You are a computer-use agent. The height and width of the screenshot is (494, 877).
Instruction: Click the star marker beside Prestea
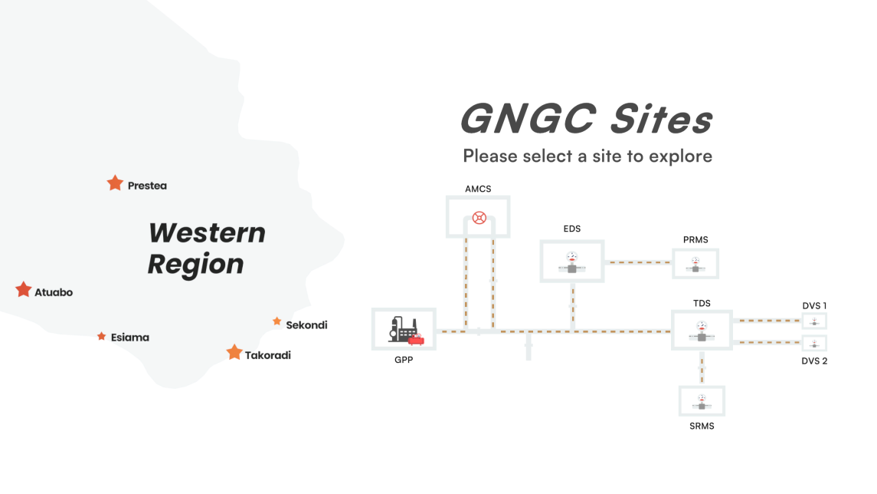(115, 183)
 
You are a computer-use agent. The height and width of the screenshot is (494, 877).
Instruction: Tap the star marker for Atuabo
(24, 290)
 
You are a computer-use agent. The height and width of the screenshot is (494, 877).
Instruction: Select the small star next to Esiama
(101, 336)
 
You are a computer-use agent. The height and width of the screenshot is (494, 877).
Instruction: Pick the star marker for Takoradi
(234, 352)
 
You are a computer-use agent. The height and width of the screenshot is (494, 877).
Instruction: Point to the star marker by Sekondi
(277, 321)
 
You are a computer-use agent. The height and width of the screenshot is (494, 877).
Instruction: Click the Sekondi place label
(306, 325)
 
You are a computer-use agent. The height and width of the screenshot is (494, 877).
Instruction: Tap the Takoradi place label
(268, 355)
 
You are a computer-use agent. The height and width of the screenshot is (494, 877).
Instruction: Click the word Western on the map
(207, 233)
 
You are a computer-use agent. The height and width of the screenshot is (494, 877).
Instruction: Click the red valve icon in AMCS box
(479, 217)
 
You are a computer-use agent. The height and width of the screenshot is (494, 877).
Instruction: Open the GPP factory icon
(404, 330)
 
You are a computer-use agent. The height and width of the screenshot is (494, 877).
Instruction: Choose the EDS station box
(572, 262)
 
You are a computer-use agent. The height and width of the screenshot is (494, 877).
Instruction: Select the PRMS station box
(695, 263)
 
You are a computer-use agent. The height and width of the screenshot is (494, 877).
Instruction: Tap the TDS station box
(702, 330)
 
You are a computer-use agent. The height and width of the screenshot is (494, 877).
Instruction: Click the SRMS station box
(702, 400)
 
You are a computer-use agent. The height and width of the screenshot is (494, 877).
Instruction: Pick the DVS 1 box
(814, 321)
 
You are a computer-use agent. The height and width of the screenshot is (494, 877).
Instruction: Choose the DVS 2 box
(814, 342)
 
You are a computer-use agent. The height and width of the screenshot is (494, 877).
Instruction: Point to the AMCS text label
(478, 189)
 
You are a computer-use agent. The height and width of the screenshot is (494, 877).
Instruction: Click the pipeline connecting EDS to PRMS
(638, 262)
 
